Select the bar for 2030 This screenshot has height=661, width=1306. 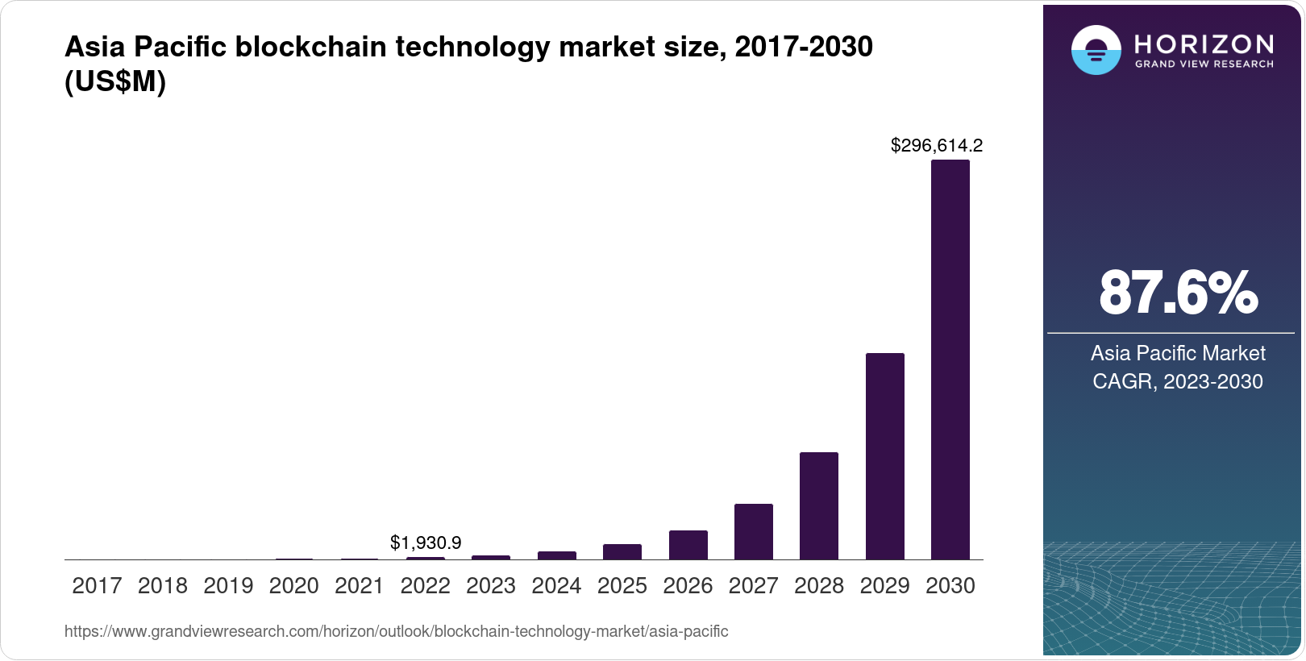(950, 360)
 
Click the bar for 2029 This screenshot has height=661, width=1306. (884, 456)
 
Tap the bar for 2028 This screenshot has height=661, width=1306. (818, 506)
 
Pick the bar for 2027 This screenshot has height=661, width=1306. (753, 532)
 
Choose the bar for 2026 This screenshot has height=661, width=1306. (688, 545)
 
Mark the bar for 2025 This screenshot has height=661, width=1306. (622, 552)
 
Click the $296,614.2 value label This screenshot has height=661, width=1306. (936, 146)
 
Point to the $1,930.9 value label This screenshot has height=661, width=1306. (425, 543)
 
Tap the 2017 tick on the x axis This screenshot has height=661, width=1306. (97, 586)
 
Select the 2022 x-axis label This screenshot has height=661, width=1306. (425, 586)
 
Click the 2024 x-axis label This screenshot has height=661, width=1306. (556, 586)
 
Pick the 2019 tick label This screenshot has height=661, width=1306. (228, 586)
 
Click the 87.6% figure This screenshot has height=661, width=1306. (1177, 293)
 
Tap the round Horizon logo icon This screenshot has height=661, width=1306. (1096, 50)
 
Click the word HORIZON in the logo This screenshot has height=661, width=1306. (1204, 44)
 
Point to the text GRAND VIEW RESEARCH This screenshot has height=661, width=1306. (1204, 64)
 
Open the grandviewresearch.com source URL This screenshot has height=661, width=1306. (396, 632)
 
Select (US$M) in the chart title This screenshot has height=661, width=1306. (114, 82)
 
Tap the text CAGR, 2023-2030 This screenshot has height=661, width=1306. (1177, 381)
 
